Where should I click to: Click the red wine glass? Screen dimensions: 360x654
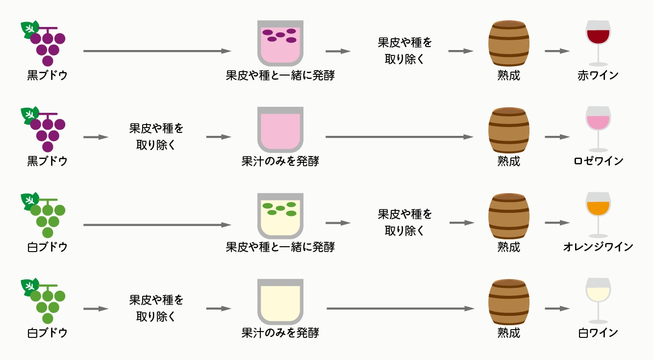(598, 41)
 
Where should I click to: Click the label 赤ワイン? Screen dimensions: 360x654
(598, 76)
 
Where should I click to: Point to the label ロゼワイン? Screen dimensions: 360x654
(598, 161)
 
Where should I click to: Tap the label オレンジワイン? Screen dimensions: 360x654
(598, 247)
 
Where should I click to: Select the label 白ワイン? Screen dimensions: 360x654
(598, 333)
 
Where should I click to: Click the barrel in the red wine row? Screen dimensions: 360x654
(509, 44)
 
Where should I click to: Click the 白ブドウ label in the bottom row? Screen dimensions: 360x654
(47, 333)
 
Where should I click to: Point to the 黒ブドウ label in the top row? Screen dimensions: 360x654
(47, 76)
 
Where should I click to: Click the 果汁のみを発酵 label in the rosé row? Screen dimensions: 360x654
(280, 161)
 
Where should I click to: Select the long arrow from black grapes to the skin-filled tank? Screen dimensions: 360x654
(157, 51)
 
